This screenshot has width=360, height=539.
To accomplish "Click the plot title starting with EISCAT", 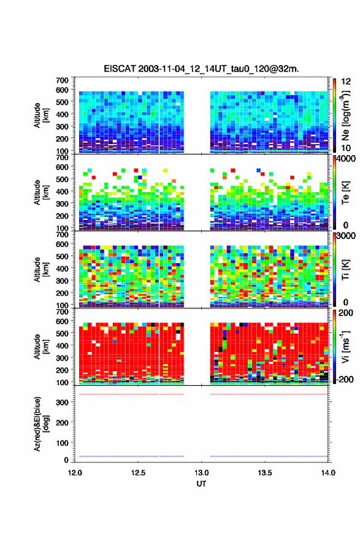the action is (201, 69).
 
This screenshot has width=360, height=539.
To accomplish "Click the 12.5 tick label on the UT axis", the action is (138, 473).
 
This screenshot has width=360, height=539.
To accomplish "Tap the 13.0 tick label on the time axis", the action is (201, 473).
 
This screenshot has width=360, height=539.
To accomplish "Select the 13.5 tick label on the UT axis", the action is (264, 473).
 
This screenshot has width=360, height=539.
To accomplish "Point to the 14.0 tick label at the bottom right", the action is (328, 473).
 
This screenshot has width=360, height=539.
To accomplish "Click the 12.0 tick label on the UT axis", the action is (75, 473).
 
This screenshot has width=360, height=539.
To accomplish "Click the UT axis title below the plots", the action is (201, 484).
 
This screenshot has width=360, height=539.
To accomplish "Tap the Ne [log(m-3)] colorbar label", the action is (345, 115).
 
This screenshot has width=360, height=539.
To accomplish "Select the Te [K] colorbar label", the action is (345, 193).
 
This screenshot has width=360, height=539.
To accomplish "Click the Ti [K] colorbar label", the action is (345, 270).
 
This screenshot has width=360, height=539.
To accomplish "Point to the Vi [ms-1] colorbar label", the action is (345, 346).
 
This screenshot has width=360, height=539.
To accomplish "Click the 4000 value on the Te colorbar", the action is (347, 159).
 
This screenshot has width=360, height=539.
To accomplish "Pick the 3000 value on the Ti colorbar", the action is (347, 236).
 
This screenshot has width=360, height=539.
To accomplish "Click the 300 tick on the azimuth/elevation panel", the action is (62, 402).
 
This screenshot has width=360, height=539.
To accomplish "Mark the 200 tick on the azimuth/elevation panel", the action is (62, 422).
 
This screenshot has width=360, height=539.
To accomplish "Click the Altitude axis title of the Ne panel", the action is (42, 115).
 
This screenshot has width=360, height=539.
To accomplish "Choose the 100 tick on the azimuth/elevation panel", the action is (62, 443).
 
